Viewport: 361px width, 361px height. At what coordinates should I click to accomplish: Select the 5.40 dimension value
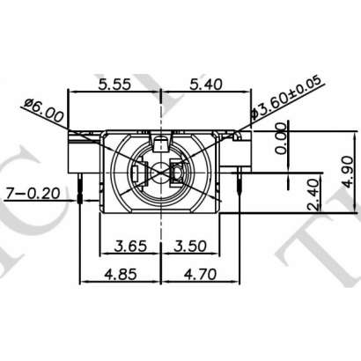[x=202, y=85]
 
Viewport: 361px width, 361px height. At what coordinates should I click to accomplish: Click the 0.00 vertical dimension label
[x=282, y=139]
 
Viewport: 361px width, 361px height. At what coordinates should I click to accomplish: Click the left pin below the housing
[x=81, y=191]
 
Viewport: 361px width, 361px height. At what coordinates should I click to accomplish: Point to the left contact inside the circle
[x=138, y=174]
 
